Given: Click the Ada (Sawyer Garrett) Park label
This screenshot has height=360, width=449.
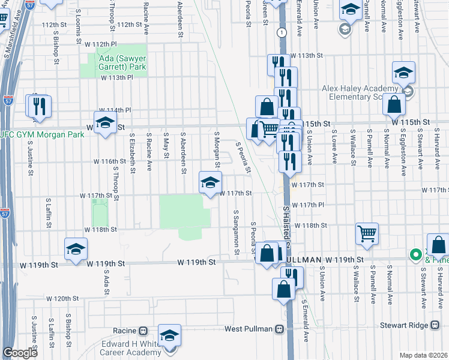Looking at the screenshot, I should tap(118, 63).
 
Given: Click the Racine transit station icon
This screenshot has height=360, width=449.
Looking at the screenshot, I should tap(143, 330).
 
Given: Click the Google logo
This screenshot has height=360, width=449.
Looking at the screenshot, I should tap(20, 352).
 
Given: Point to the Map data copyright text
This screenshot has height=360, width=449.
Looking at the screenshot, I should tap(423, 355).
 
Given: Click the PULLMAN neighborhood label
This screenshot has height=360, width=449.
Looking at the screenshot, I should tap(300, 260).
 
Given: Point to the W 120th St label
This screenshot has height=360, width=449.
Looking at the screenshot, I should tap(63, 298).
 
